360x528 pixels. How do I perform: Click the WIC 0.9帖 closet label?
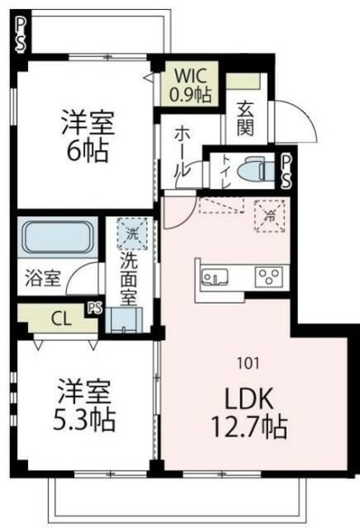(x=191, y=82)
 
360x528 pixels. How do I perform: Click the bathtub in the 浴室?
(x=57, y=238)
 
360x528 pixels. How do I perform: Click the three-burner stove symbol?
(x=269, y=276)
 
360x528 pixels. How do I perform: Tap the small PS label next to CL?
(x=93, y=309)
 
